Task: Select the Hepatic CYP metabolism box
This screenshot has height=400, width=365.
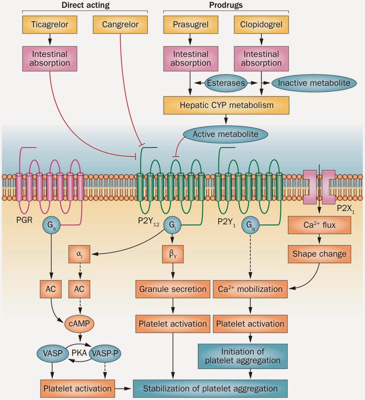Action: pyautogui.click(x=226, y=105)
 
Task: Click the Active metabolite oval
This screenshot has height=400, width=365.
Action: pyautogui.click(x=225, y=134)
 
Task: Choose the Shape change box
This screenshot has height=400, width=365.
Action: pyautogui.click(x=319, y=254)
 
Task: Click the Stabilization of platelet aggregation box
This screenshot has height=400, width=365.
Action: pyautogui.click(x=210, y=388)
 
